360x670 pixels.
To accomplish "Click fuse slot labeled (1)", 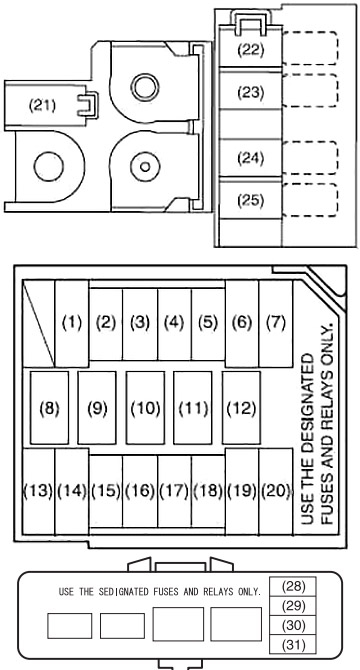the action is [72, 323].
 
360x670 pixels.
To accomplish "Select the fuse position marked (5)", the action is [208, 324].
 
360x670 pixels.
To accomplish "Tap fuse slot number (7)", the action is [275, 323].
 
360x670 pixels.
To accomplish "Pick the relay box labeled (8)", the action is [49, 408].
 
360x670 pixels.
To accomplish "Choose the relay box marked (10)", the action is [145, 408].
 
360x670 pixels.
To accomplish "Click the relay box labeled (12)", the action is [241, 408].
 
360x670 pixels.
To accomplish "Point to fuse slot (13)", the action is [38, 491].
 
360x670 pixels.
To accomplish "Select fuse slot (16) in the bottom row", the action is [140, 491].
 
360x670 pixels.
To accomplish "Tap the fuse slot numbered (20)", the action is [275, 491].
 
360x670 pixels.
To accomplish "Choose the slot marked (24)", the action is [250, 158].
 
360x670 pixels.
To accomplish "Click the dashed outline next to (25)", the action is [310, 200].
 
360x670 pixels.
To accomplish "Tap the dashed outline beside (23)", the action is [310, 91].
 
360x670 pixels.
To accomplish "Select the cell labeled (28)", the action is [293, 587].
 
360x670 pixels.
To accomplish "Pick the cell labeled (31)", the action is [293, 644].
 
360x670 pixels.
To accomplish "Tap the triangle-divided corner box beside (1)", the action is [38, 323].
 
